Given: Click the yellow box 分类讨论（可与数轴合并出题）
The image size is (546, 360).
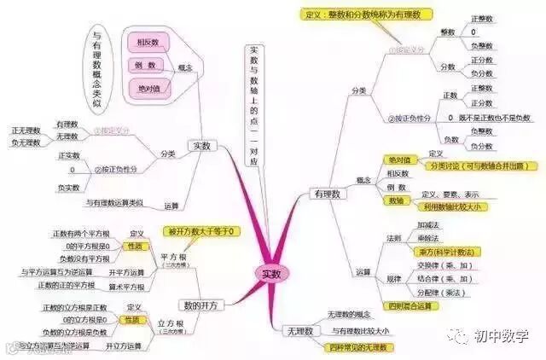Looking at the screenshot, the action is [x=466, y=165].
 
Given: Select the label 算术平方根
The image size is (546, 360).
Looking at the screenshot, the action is [x=129, y=286].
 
